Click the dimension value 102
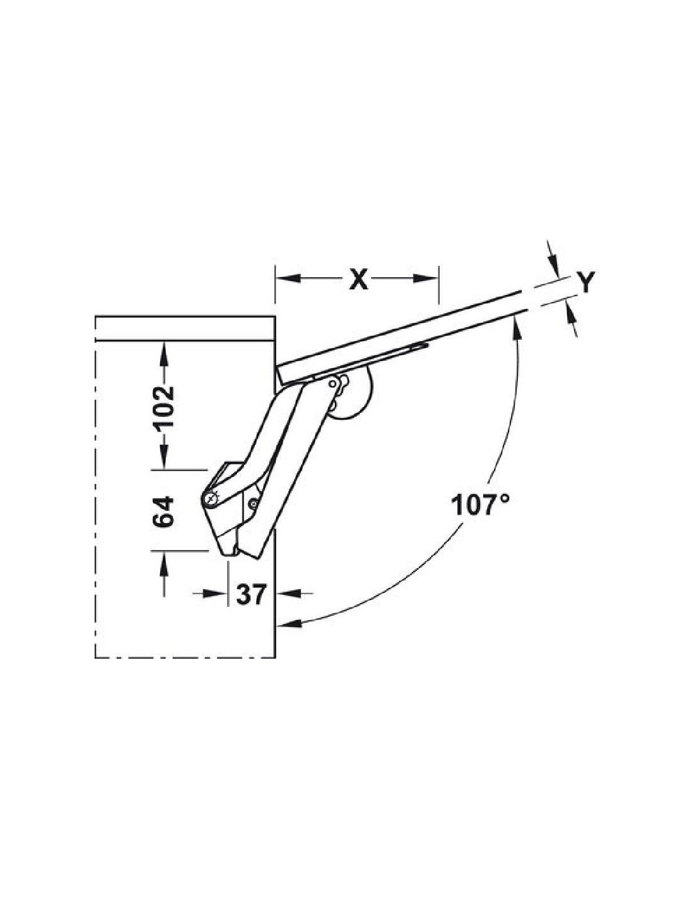(x=164, y=409)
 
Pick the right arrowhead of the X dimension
(x=426, y=278)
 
